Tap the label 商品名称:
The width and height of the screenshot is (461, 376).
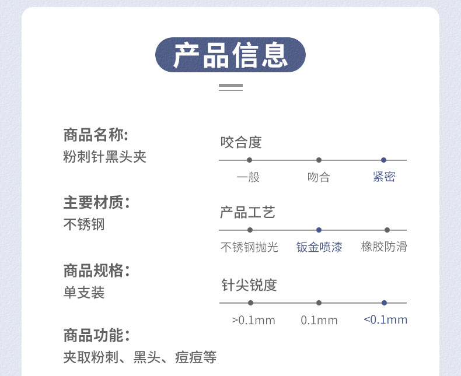pos(95,135)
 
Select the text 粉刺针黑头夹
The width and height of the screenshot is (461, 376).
pos(104,157)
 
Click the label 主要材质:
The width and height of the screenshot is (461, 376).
pos(96,203)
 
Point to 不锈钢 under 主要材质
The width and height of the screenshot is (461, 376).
pos(84,224)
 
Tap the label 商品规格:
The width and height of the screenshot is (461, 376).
pos(96,270)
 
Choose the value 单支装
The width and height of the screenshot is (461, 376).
pos(84,293)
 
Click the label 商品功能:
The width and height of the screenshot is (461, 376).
pos(96,336)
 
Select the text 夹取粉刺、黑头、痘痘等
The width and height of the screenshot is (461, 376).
pos(139,357)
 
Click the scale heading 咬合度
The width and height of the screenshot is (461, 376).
pos(241,142)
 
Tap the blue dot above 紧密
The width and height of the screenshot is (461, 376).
pos(383,160)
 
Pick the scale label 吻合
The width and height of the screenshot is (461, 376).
pos(319,177)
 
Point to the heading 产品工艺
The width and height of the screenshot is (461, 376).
pos(247,212)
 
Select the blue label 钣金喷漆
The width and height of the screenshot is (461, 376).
pos(319,247)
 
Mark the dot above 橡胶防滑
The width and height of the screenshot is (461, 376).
pos(387,230)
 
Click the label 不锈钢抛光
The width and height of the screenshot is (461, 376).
pos(249,247)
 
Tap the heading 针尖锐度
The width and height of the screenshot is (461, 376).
pos(249,285)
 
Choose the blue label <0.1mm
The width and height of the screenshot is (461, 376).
pos(385,319)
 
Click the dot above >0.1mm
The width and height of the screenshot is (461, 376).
pos(250,303)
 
